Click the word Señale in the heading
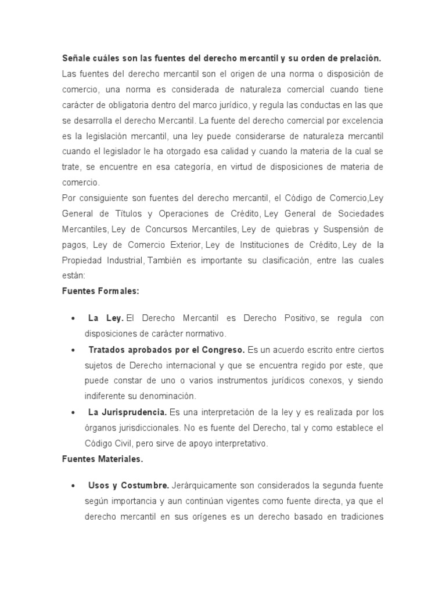coord(76,59)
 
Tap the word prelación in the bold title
coord(359,59)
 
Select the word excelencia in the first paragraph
coord(361,121)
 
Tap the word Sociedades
coord(356,213)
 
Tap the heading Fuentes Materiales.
coord(102,458)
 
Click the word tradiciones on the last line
coord(358,516)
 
